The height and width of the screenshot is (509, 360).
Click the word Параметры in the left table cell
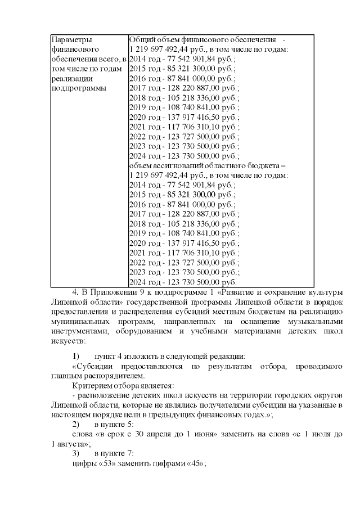(x=71, y=40)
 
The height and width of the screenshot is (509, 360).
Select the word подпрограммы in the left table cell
(x=77, y=88)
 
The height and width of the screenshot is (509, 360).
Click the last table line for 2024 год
(x=183, y=282)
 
